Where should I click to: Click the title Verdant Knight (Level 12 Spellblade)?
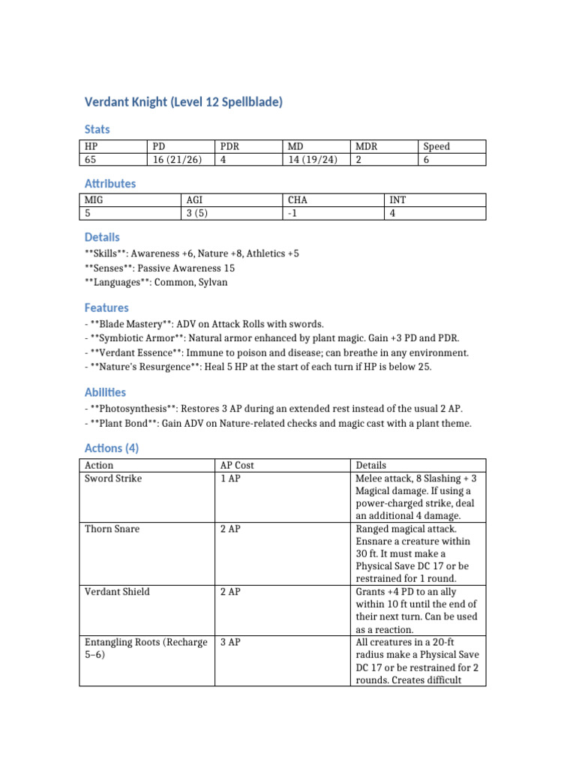click(183, 102)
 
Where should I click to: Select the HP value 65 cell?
click(91, 159)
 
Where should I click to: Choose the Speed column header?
click(436, 146)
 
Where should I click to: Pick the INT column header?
click(397, 200)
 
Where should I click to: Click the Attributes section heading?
click(109, 183)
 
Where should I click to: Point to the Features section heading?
click(106, 307)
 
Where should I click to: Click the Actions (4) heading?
click(111, 448)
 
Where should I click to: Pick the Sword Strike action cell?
click(113, 478)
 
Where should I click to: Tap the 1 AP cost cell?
click(230, 478)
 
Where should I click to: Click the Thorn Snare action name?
click(112, 529)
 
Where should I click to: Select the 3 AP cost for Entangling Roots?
click(230, 643)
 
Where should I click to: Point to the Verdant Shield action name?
click(116, 592)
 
